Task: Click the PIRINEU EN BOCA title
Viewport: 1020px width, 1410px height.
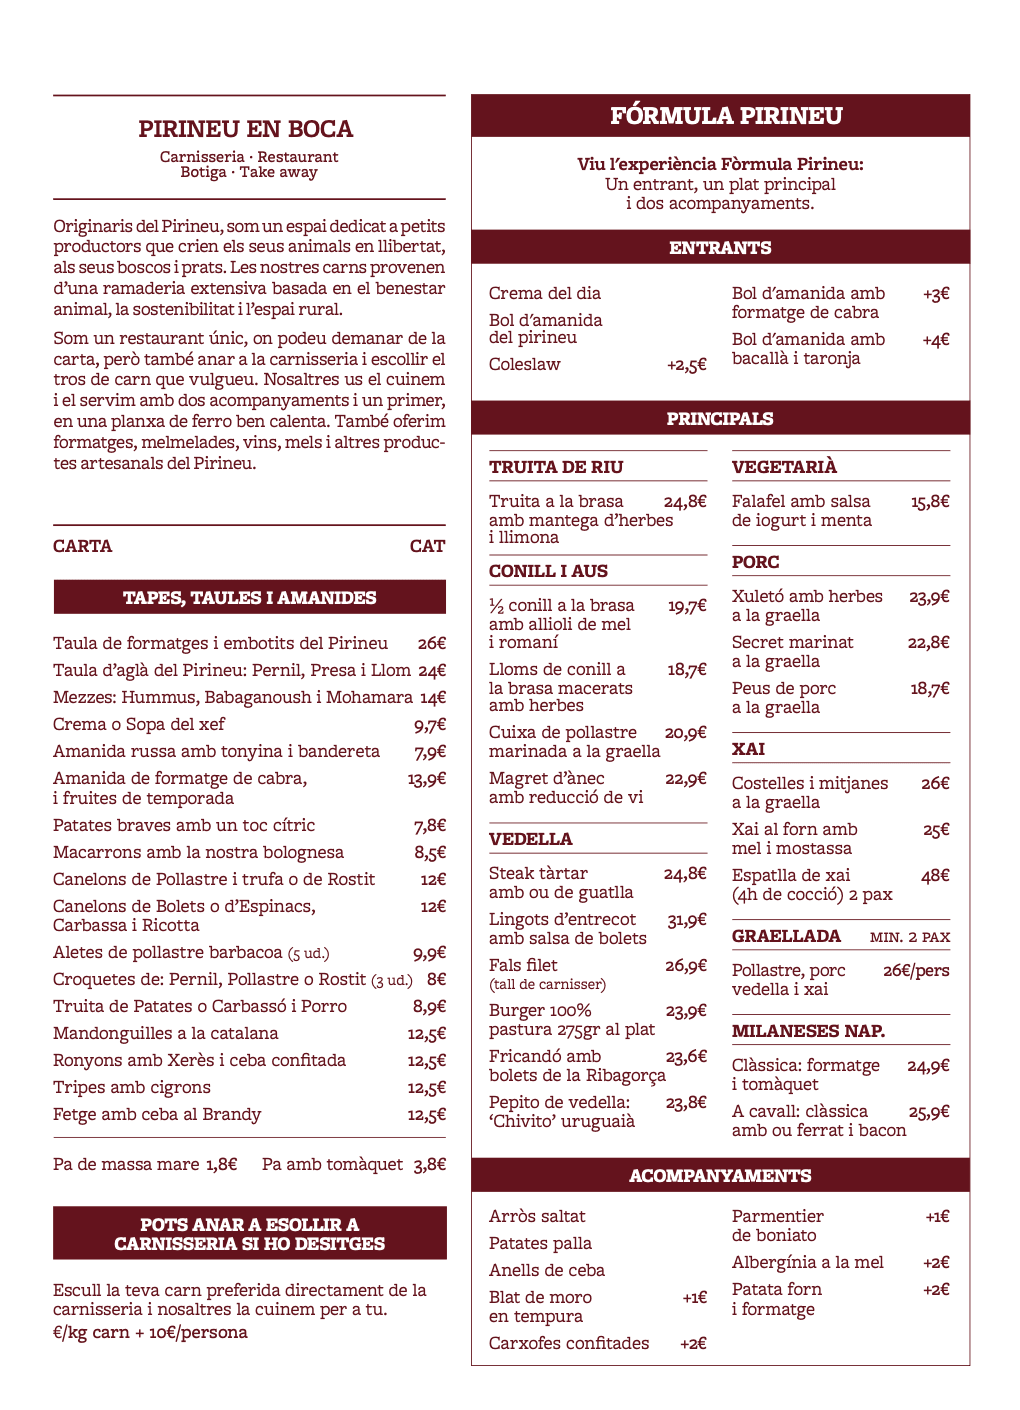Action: pos(246,129)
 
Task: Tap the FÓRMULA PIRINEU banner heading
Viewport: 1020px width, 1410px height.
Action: pos(726,116)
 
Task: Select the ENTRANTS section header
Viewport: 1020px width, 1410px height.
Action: pos(720,248)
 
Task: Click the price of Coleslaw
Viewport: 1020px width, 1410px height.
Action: pos(686,365)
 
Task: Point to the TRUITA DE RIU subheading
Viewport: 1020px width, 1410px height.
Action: pos(556,467)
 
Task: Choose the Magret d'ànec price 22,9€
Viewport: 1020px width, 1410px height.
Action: pos(685,779)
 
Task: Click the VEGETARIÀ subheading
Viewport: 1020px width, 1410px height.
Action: pos(784,467)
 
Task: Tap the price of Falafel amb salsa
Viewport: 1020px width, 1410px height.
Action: pos(930,502)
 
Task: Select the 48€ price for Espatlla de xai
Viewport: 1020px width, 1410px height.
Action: pos(935,876)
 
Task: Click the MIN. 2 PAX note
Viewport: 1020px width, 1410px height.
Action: pos(910,937)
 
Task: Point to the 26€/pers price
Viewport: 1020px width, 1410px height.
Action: pos(916,970)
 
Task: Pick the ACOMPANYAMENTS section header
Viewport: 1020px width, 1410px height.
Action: pos(720,1176)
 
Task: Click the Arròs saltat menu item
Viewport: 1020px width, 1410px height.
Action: pos(537,1216)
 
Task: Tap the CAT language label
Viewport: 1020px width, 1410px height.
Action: pos(427,546)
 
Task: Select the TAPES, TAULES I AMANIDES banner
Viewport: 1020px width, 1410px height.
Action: pos(249,598)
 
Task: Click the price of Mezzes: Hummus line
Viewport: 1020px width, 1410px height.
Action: pos(432,698)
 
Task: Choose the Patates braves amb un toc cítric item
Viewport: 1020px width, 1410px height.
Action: pos(184,825)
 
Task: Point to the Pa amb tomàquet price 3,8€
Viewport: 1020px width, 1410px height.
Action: pos(429,1164)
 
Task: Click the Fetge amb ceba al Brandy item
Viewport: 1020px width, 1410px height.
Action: pos(157,1114)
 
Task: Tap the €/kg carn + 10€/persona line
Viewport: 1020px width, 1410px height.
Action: pos(150,1332)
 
